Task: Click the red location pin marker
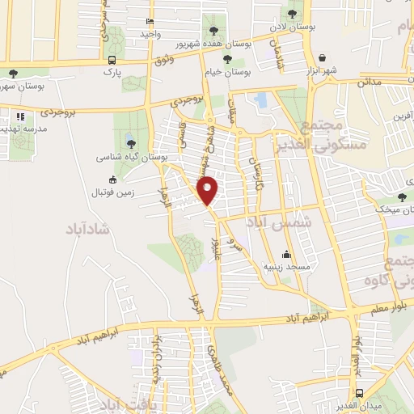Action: (209, 189)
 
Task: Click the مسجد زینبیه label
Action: (284, 266)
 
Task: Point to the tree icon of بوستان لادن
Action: (291, 14)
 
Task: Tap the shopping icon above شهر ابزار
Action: (323, 58)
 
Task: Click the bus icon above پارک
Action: (112, 60)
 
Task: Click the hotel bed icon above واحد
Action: (149, 21)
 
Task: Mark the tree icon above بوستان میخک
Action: (402, 197)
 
